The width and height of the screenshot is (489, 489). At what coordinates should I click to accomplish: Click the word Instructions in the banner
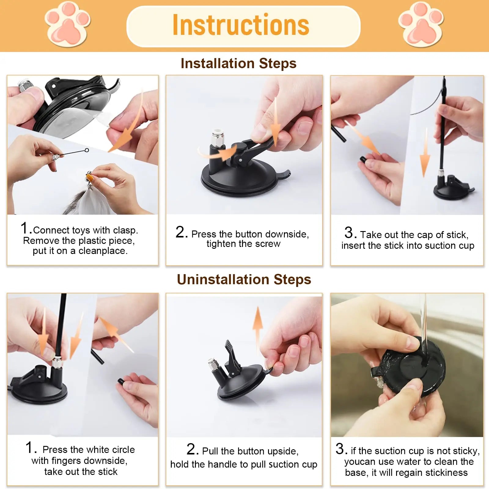pos(241,25)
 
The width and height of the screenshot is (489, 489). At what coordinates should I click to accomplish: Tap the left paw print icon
pos(68,24)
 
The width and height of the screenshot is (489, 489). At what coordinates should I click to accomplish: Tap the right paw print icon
pos(421,24)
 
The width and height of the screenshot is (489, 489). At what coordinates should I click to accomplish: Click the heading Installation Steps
pos(238,64)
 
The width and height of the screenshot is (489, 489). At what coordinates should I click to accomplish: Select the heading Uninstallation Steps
pos(244,280)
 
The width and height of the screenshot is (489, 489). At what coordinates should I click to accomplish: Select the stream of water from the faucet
pos(423,324)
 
